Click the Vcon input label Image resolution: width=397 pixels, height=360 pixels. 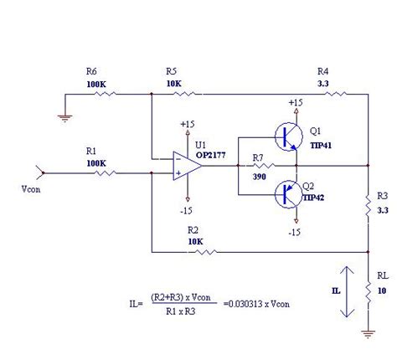(31, 189)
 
